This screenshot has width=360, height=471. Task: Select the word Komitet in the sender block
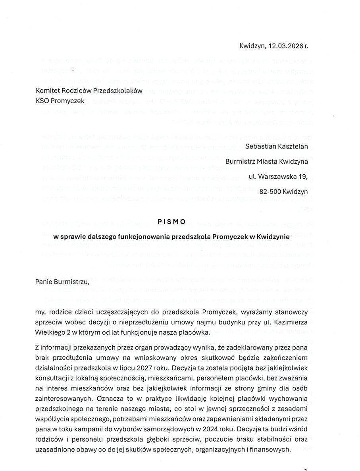tap(47, 91)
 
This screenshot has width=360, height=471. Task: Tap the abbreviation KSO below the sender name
tap(42, 101)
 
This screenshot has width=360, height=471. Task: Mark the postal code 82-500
tap(270, 191)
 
